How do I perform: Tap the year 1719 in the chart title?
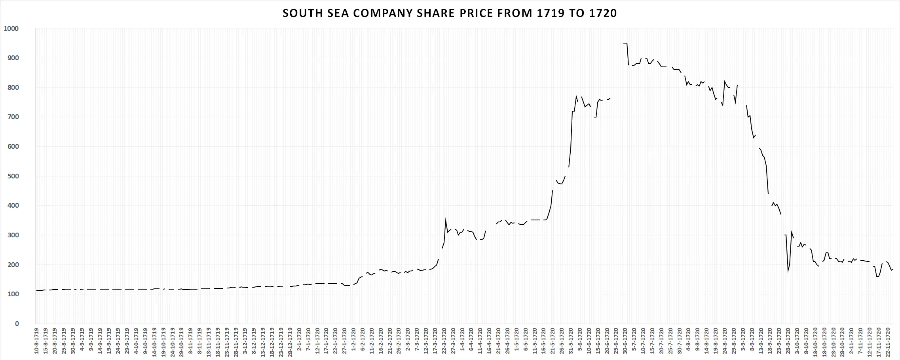tap(550, 13)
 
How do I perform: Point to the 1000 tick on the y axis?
tap(11, 28)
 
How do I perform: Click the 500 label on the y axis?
tap(13, 176)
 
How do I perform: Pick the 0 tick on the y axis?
tap(17, 324)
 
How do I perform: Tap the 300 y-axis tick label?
tap(13, 235)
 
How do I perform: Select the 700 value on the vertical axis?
tap(13, 117)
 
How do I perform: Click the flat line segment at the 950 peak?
tap(625, 43)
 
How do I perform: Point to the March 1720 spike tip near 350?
tap(446, 219)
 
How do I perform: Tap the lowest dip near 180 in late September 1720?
tap(788, 271)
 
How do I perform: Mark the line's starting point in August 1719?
tap(36, 290)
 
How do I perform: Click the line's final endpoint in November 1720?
tap(893, 269)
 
